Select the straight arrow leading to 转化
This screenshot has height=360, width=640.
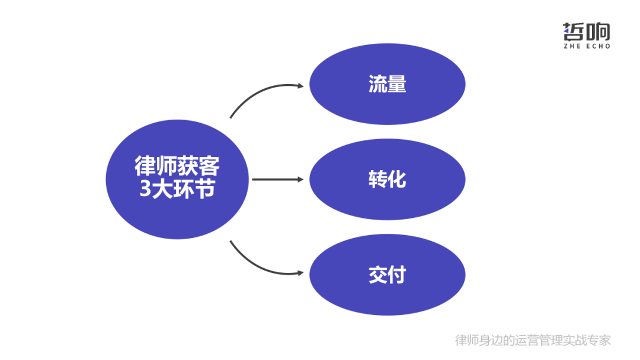coord(276,179)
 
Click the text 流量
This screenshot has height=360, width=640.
coord(387,84)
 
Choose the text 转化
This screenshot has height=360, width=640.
coord(387,179)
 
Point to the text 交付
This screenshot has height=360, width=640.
coord(387,275)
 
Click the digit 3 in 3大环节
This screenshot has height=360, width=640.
coord(145,191)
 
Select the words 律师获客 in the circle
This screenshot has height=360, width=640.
coord(177,166)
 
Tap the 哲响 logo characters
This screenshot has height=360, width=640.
coord(586,31)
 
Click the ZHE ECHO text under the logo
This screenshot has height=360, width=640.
coord(586,46)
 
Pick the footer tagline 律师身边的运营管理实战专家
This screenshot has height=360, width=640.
coord(533,340)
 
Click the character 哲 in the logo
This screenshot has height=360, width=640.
coord(574,31)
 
